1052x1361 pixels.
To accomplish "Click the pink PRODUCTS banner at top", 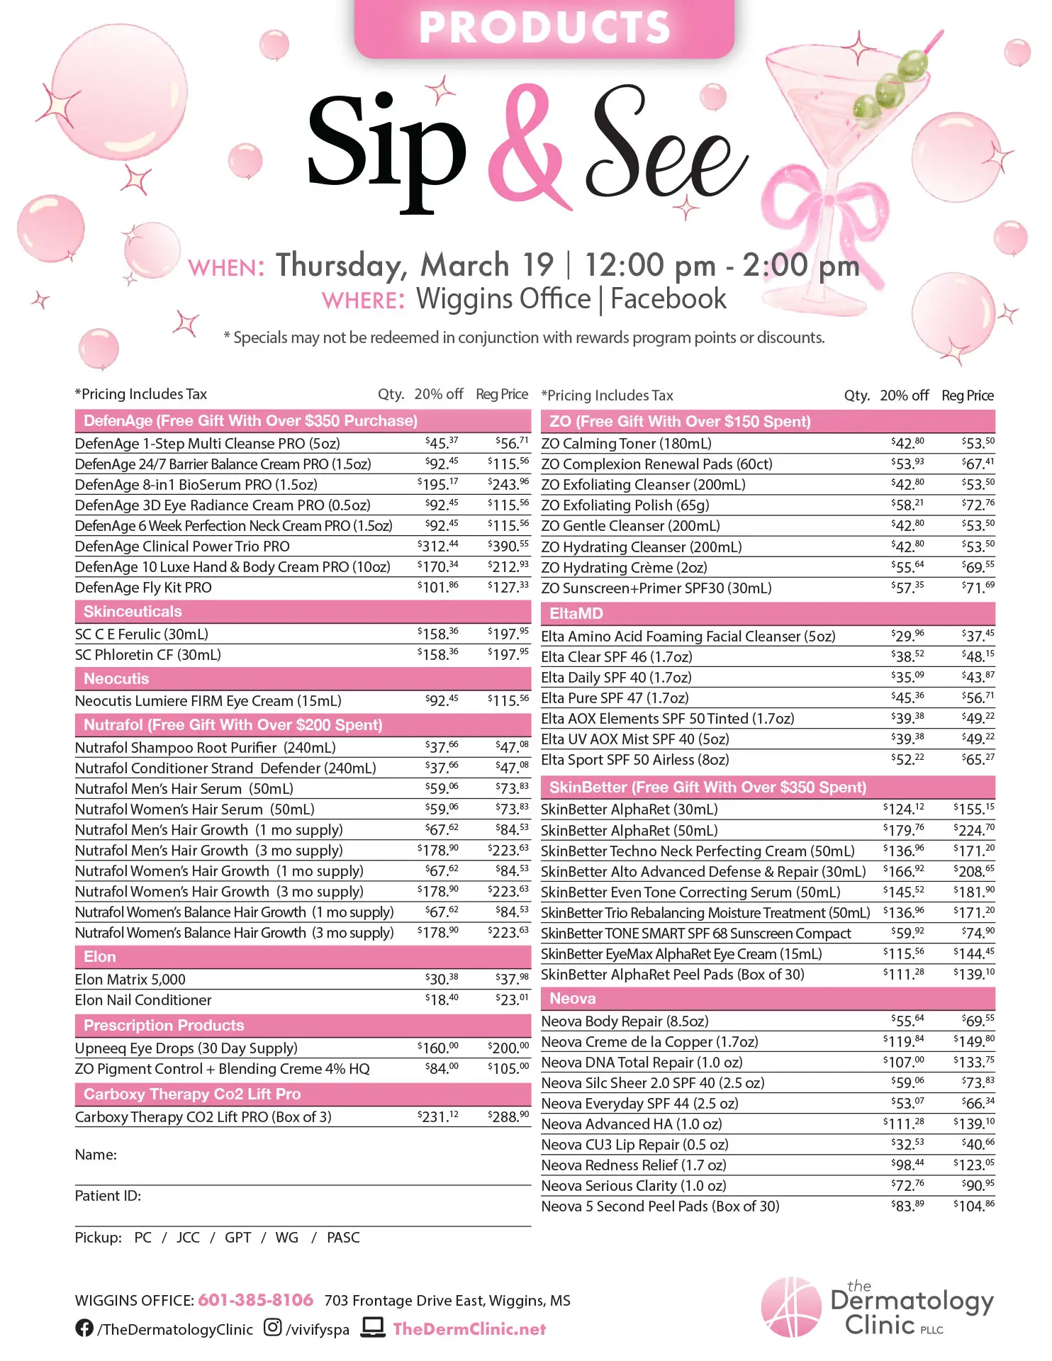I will pos(544,28).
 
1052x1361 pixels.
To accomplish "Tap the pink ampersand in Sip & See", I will pos(528,145).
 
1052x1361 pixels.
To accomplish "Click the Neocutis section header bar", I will pos(303,679).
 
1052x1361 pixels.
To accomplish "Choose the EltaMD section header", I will pos(768,614).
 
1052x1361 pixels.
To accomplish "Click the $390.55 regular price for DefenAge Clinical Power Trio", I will pos(508,546).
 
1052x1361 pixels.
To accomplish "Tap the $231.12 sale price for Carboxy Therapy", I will pos(437,1116).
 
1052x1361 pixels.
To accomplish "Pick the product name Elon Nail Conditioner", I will pos(143,1000).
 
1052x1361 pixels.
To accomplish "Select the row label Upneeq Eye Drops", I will pos(186,1048).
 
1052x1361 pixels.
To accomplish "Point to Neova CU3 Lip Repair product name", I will pos(634,1145).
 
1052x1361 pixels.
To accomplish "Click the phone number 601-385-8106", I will pos(255,1300).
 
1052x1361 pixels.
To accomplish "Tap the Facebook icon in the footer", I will pos(84,1328).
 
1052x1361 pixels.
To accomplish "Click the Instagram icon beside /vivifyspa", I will pos(272,1328).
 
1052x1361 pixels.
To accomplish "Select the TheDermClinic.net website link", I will pos(469,1329).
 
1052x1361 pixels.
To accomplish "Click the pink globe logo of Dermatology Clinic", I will pos(790,1307).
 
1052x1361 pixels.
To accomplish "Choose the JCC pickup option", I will pos(188,1238).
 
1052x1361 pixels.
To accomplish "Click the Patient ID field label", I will pos(108,1196).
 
